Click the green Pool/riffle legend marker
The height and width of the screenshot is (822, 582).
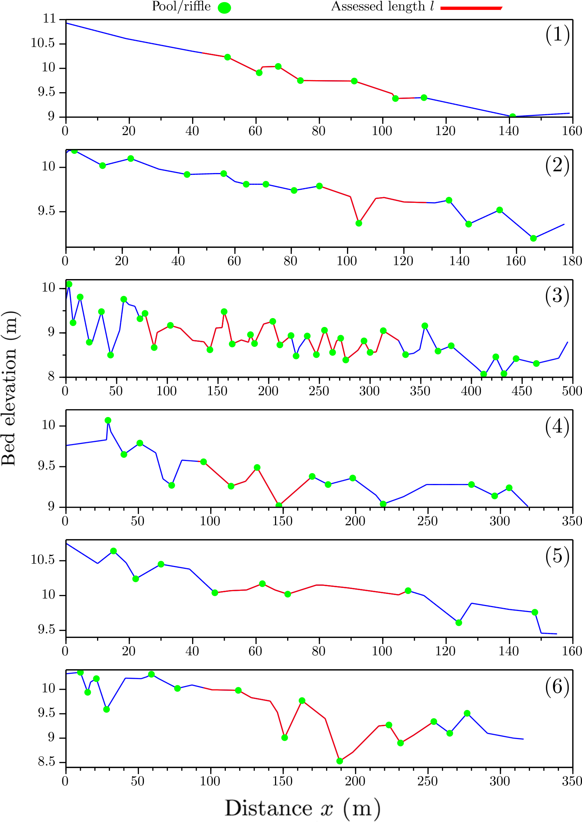pyautogui.click(x=224, y=8)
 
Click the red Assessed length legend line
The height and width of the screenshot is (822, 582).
pyautogui.click(x=471, y=8)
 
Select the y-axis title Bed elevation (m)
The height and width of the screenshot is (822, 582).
pyautogui.click(x=10, y=389)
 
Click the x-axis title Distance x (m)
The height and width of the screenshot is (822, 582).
pyautogui.click(x=302, y=808)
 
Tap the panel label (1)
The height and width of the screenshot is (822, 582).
pyautogui.click(x=557, y=35)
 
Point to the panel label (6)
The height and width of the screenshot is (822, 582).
pyautogui.click(x=557, y=687)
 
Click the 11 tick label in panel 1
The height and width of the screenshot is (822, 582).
pyautogui.click(x=50, y=19)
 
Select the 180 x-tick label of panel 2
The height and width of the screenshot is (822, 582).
pyautogui.click(x=572, y=261)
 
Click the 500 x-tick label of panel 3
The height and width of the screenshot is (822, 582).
pyautogui.click(x=572, y=391)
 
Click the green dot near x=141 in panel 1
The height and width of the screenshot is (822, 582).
pyautogui.click(x=513, y=117)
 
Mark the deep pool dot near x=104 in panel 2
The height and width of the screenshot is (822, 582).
pyautogui.click(x=359, y=223)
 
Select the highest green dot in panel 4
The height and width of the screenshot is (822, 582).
pyautogui.click(x=108, y=420)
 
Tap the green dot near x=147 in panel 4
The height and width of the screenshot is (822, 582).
pyautogui.click(x=279, y=505)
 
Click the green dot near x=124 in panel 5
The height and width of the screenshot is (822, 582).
pyautogui.click(x=459, y=623)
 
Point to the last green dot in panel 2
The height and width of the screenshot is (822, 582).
pyautogui.click(x=533, y=238)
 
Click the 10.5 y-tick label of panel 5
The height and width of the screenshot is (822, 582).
pyautogui.click(x=43, y=560)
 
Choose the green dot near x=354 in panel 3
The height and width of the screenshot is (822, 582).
pyautogui.click(x=425, y=326)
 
